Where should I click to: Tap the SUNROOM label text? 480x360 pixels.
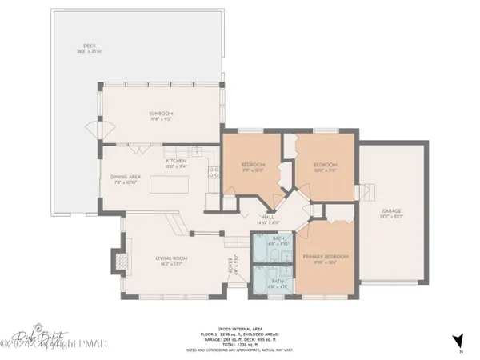tap(161, 114)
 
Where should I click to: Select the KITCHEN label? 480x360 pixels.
tap(175, 161)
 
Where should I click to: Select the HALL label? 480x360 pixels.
tap(268, 218)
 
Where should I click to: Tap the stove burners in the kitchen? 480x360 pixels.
tap(214, 170)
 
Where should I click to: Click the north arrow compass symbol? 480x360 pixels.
tap(458, 341)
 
